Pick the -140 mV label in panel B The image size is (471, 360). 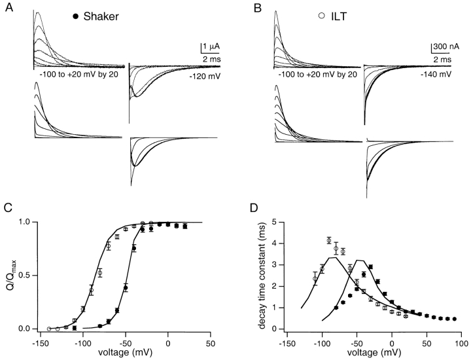pyautogui.click(x=444, y=77)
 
